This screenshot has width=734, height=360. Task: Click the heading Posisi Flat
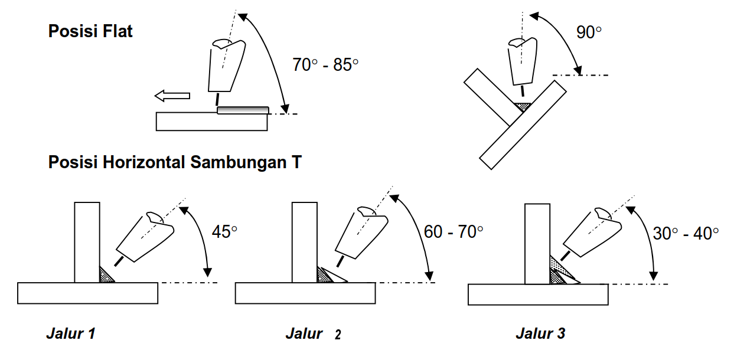pyautogui.click(x=90, y=31)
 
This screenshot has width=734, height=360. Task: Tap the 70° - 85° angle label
pyautogui.click(x=325, y=65)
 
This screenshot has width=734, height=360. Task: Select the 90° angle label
pyautogui.click(x=589, y=33)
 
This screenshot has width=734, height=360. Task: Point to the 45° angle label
pyautogui.click(x=224, y=232)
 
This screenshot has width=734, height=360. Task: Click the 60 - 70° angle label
pyautogui.click(x=454, y=232)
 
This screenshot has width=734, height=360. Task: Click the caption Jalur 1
pyautogui.click(x=71, y=334)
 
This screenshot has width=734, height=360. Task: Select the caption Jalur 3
pyautogui.click(x=540, y=334)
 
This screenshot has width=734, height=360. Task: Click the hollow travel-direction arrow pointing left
pyautogui.click(x=172, y=96)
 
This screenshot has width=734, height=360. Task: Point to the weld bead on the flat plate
pyautogui.click(x=243, y=110)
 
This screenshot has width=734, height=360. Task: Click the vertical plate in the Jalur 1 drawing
pyautogui.click(x=87, y=242)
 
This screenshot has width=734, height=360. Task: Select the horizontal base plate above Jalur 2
pyautogui.click(x=305, y=293)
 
